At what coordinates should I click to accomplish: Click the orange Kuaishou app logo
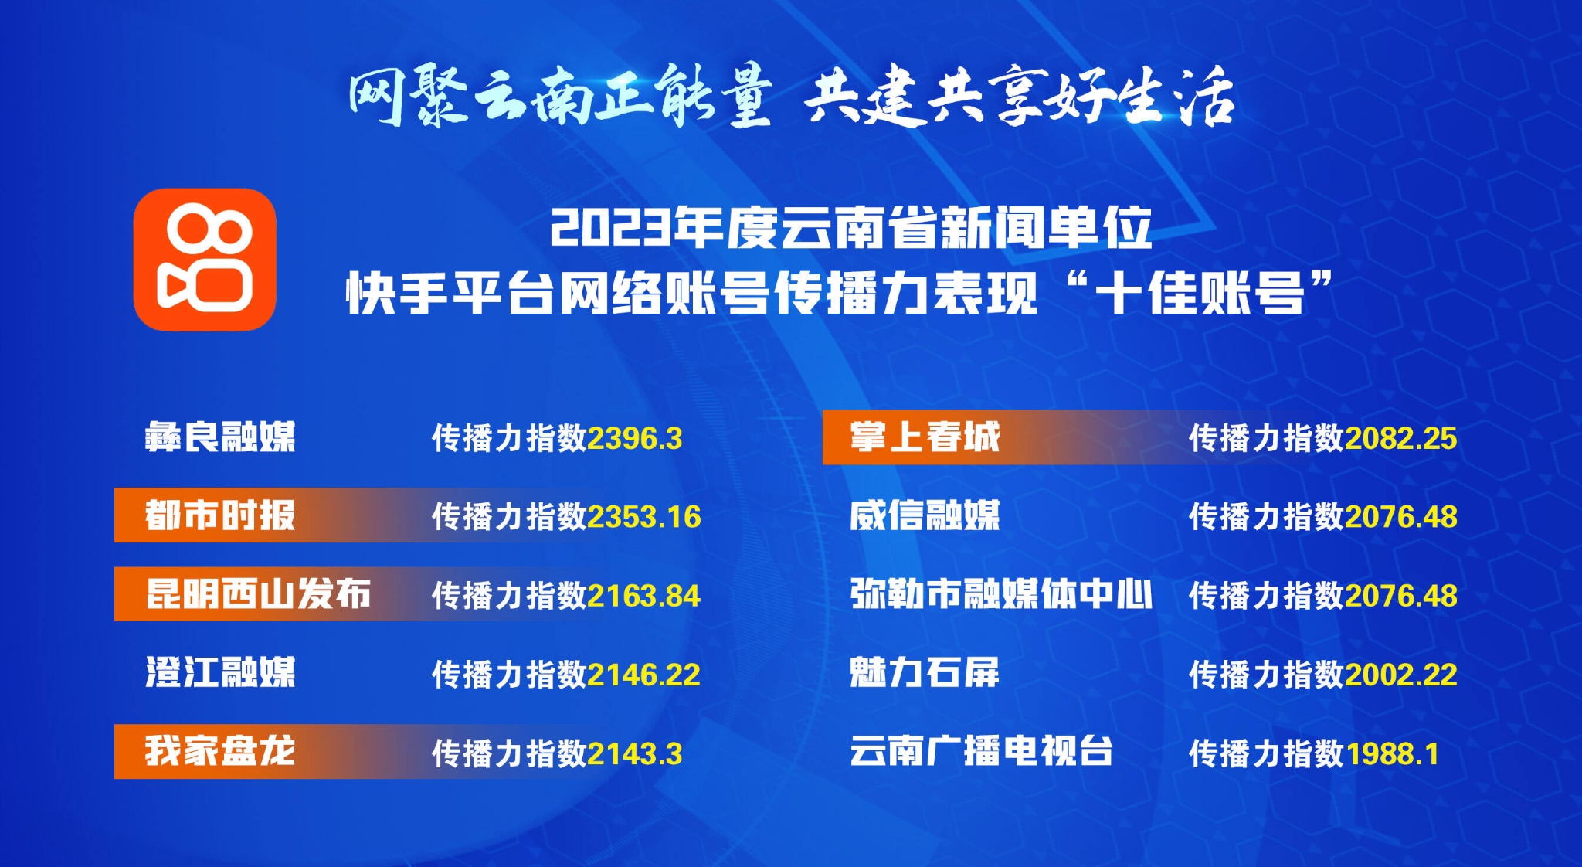pyautogui.click(x=205, y=260)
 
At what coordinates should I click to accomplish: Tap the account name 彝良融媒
pyautogui.click(x=220, y=437)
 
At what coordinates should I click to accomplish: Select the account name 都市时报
pyautogui.click(x=220, y=515)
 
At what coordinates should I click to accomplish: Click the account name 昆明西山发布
pyautogui.click(x=258, y=594)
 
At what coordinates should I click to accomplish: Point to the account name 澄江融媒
pyautogui.click(x=220, y=673)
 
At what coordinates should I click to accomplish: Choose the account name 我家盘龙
pyautogui.click(x=220, y=751)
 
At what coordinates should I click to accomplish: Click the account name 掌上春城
pyautogui.click(x=925, y=437)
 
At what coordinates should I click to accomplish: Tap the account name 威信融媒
pyautogui.click(x=925, y=515)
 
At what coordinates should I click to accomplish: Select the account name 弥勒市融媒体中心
pyautogui.click(x=1001, y=594)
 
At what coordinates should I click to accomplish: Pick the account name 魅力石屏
pyautogui.click(x=925, y=673)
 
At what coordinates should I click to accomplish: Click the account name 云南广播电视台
pyautogui.click(x=981, y=751)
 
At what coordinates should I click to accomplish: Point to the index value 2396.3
pyautogui.click(x=635, y=439)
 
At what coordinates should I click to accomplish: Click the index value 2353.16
pyautogui.click(x=644, y=517)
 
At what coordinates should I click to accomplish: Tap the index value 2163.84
pyautogui.click(x=644, y=596)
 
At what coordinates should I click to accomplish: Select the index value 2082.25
pyautogui.click(x=1401, y=439)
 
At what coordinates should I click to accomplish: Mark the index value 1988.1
pyautogui.click(x=1392, y=754)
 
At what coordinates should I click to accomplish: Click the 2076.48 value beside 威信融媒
pyautogui.click(x=1401, y=517)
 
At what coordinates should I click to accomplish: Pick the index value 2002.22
pyautogui.click(x=1401, y=675)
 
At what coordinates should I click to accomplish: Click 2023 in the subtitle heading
pyautogui.click(x=610, y=228)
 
